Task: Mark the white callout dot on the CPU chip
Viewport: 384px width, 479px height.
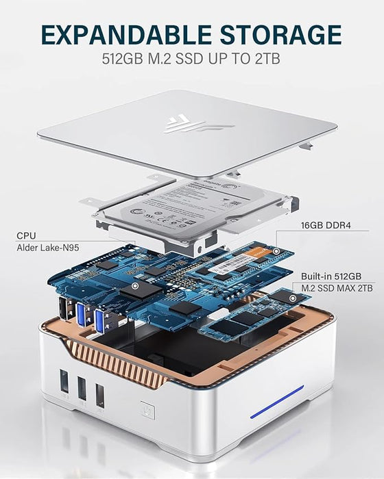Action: click(x=136, y=284)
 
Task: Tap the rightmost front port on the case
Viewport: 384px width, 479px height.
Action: click(x=99, y=396)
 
